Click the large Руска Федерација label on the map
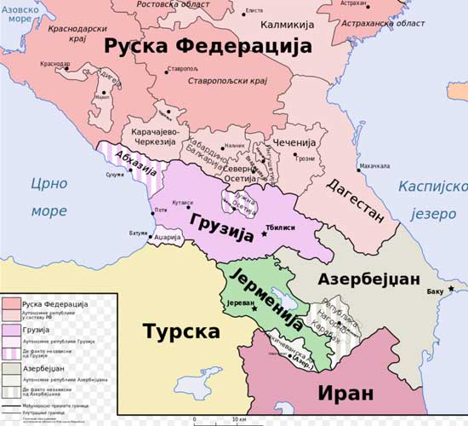(208, 47)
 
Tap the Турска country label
(180, 331)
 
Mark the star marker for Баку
(451, 290)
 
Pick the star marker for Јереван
(254, 308)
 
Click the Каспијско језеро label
(433, 199)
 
